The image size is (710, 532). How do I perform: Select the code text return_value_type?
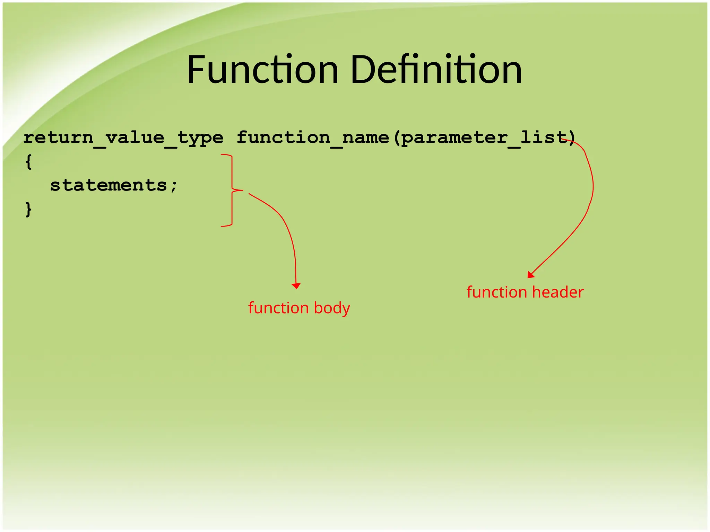pos(123,138)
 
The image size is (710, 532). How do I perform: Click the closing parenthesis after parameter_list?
pos(572,138)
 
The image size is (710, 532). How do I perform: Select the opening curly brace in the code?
pos(29,162)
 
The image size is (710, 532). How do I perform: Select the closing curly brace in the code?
pos(29,209)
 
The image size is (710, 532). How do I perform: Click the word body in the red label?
pos(332,308)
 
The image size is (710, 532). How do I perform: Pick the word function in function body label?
pos(278,308)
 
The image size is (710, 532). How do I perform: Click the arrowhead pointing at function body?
pos(296,286)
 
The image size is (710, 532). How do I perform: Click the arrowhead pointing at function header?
pos(530,275)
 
